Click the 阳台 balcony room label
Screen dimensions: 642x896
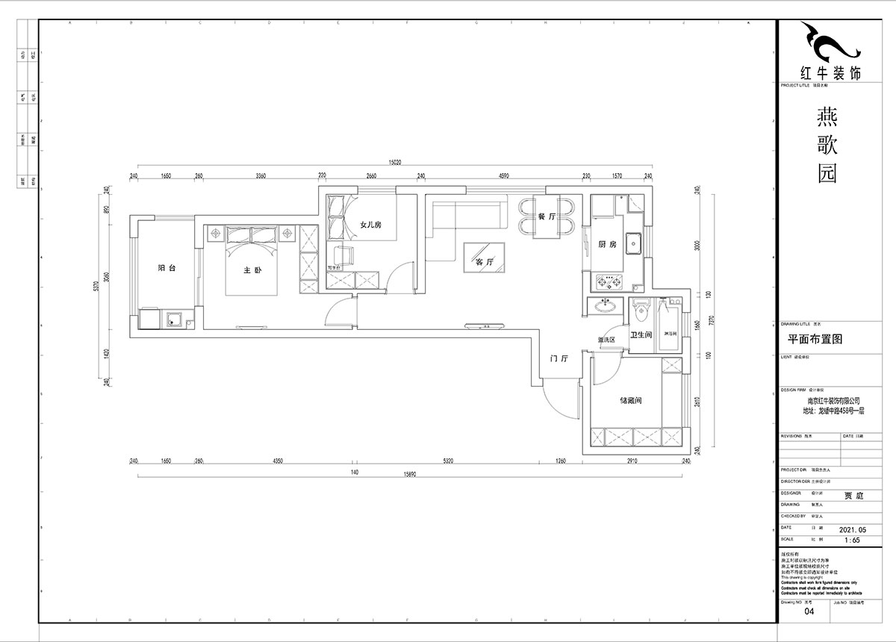[x=167, y=269]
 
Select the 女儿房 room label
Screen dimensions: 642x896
[x=370, y=225]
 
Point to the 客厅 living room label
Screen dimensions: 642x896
[x=485, y=262]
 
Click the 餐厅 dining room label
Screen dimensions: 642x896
[x=547, y=217]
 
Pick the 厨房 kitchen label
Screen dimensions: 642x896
[x=607, y=244]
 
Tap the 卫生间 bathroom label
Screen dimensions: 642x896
[x=641, y=335]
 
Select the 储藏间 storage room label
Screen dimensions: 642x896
[x=630, y=401]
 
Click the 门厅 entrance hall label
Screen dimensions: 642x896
[x=559, y=359]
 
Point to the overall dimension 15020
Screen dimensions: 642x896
[x=395, y=162]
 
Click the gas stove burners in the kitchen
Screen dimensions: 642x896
[x=607, y=282]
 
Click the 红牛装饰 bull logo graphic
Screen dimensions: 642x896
[x=829, y=44]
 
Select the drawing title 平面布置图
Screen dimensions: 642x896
[x=815, y=338]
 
